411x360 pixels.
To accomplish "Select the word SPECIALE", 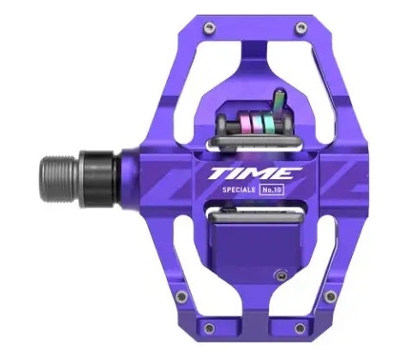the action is [x=239, y=189].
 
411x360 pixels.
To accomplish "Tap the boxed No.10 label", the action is [x=271, y=190].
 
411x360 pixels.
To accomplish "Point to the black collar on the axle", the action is [x=98, y=179].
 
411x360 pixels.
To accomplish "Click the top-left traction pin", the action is [x=209, y=27].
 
